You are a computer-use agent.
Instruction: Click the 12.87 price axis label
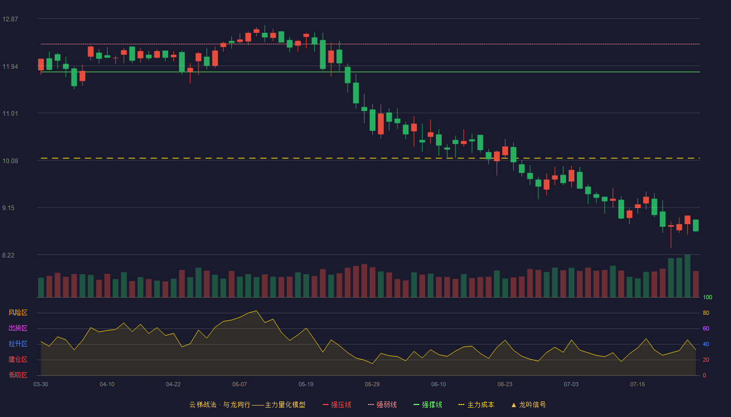(10, 19)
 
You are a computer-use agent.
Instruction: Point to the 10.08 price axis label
(10, 161)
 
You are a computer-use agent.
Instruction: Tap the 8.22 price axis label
(8, 255)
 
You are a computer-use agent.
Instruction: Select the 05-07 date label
(240, 385)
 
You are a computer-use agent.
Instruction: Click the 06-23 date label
(505, 385)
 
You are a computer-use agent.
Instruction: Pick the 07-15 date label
(638, 385)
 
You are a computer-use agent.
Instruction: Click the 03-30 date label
(41, 385)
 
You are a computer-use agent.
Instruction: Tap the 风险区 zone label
(18, 313)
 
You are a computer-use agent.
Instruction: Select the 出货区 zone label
(18, 328)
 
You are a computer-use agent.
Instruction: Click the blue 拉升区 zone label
(18, 344)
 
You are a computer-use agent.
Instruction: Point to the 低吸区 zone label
(18, 375)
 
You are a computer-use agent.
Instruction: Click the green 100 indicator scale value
(708, 297)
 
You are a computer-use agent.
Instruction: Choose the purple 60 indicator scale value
(706, 328)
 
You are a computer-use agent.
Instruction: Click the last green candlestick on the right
(695, 225)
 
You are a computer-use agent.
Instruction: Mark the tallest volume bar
(688, 276)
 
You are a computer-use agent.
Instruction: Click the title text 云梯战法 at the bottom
(203, 404)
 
